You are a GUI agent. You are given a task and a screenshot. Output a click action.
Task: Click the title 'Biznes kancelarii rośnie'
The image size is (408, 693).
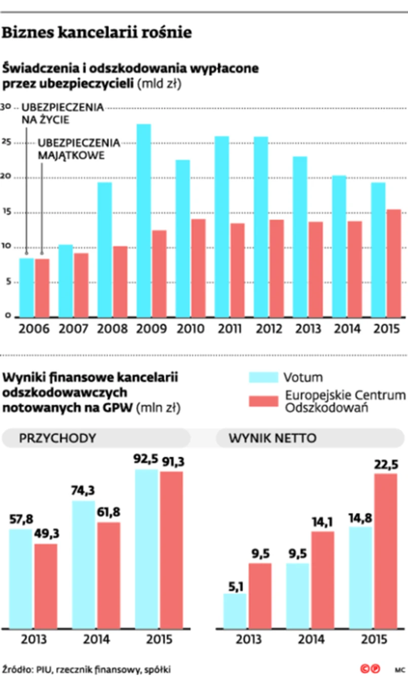pos(97,33)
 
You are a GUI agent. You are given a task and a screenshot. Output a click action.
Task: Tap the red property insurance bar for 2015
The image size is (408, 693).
pos(393,264)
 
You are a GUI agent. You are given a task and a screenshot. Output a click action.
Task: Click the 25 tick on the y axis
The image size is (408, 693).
pos(6,143)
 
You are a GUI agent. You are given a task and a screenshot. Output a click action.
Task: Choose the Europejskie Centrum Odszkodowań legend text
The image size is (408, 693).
pos(345,401)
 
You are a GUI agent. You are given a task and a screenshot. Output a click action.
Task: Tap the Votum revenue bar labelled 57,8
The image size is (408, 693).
pos(21,578)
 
